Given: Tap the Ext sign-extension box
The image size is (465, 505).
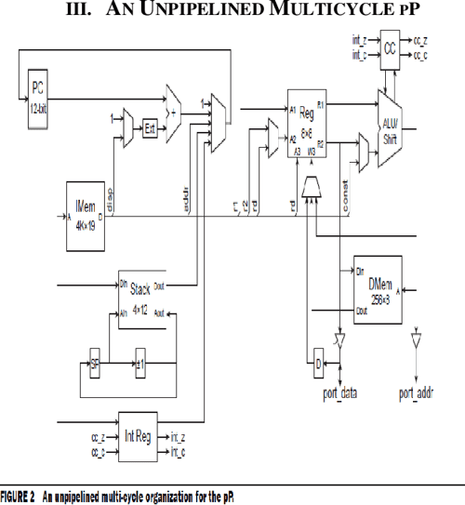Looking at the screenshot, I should point(149,127).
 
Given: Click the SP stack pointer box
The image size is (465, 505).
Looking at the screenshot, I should point(94,360).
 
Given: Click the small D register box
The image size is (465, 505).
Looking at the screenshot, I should point(317,361).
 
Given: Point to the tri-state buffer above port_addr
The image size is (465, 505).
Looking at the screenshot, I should point(416,343).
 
